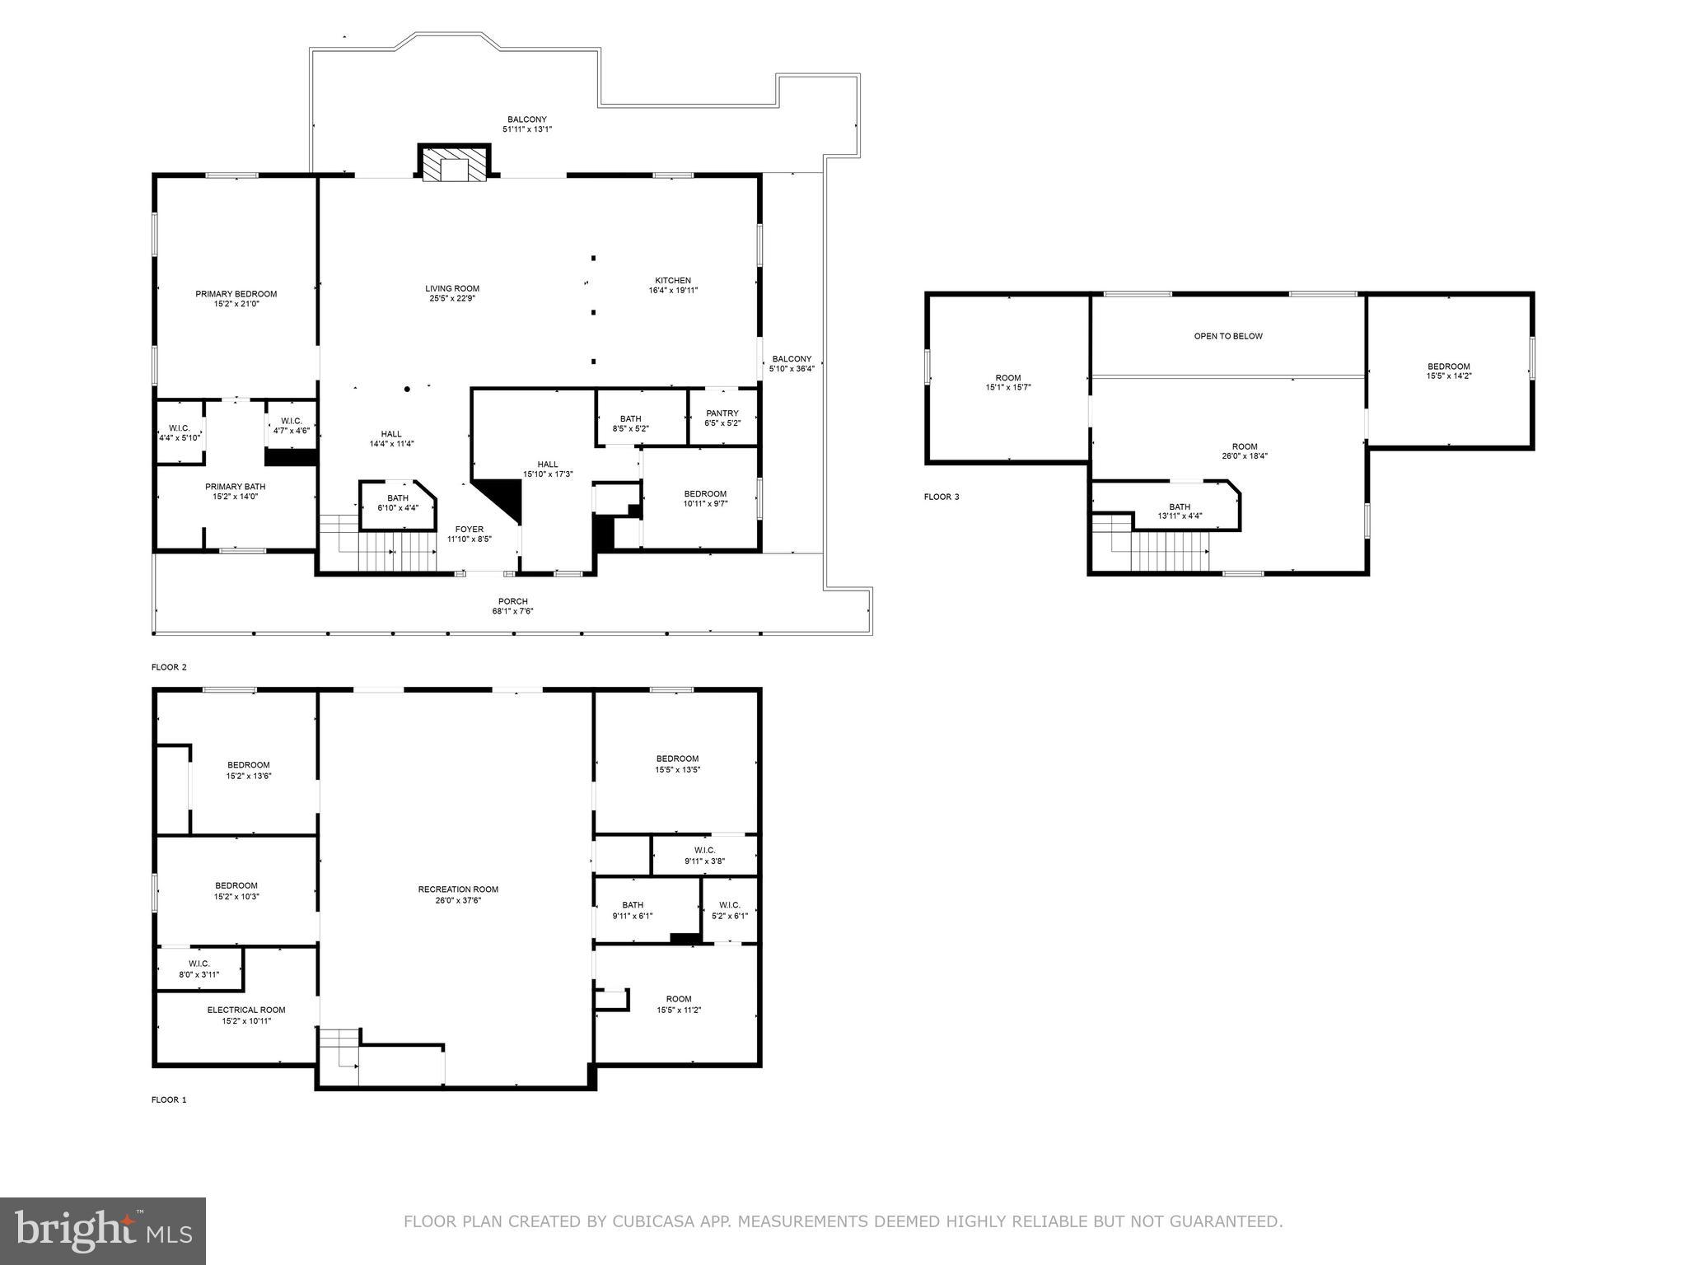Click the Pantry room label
(722, 413)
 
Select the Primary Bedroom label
(236, 294)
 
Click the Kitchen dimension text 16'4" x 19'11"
(673, 291)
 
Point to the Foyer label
(469, 530)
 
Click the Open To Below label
(1227, 336)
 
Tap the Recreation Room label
(458, 889)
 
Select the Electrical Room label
(245, 1010)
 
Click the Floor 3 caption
(941, 497)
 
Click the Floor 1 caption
(169, 1099)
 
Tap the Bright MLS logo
(103, 1230)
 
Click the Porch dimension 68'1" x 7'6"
(512, 611)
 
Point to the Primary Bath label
(235, 487)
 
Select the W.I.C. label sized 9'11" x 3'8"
(704, 850)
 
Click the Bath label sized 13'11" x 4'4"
(1179, 506)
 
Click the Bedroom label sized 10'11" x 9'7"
(705, 493)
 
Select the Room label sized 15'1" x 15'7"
(1007, 378)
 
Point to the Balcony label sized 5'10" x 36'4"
(791, 359)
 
